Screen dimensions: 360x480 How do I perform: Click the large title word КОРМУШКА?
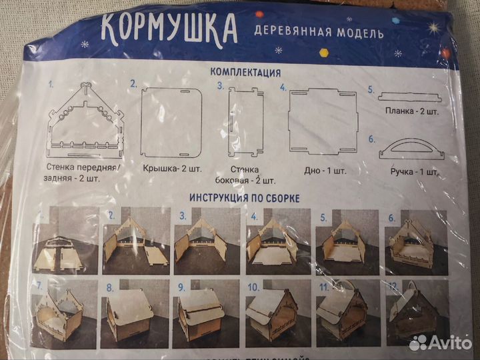pos(169,27)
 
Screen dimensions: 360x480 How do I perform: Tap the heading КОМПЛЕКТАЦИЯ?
pos(245,72)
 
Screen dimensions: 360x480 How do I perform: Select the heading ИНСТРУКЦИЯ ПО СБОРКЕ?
pos(244,198)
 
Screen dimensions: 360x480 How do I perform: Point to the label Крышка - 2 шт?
pos(172,171)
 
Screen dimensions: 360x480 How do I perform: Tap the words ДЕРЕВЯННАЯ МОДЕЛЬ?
pos(318,31)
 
